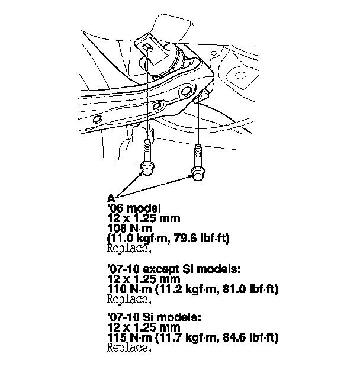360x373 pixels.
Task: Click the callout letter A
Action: pos(111,197)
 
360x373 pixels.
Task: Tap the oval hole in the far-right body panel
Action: pos(240,76)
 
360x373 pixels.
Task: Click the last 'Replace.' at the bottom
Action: pos(128,348)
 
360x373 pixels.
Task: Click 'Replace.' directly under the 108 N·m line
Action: pos(128,248)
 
